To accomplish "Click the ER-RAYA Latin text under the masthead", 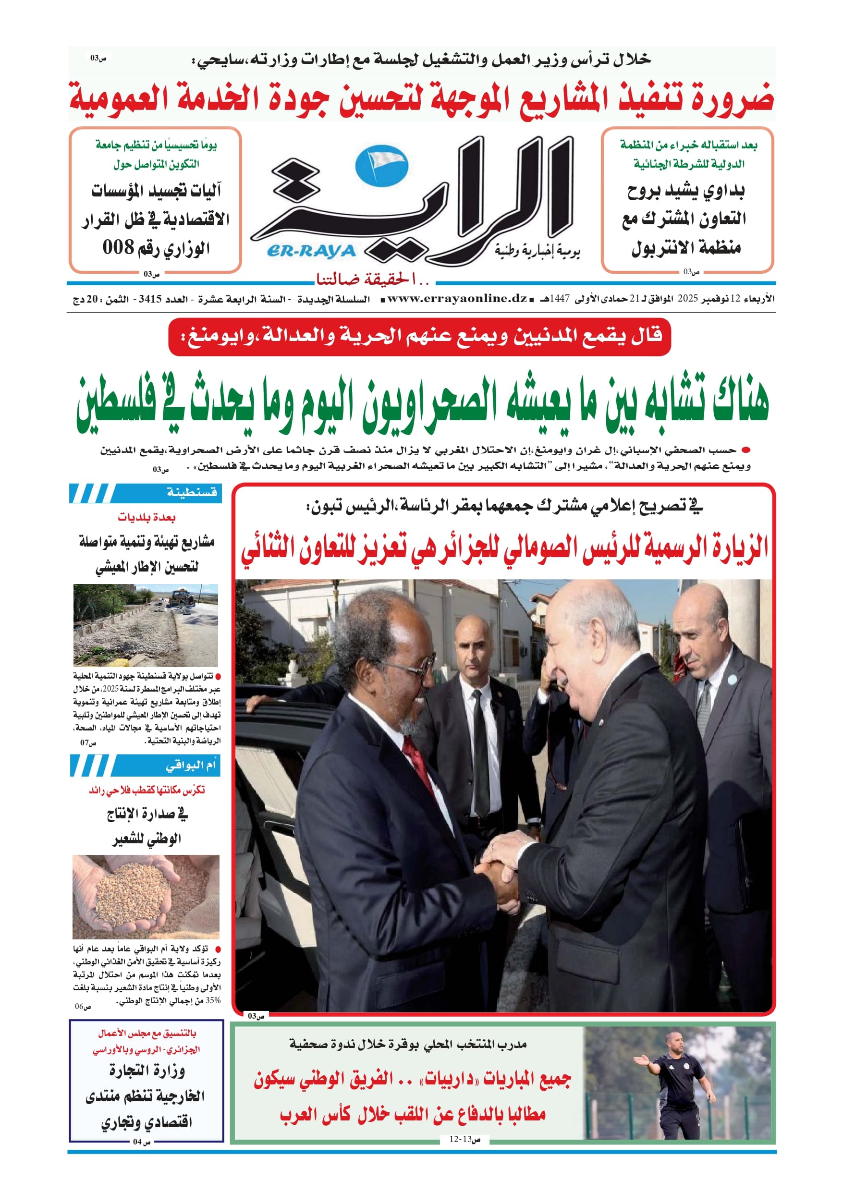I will click(x=311, y=251).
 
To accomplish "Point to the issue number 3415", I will click(x=150, y=299).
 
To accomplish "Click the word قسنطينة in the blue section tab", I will click(x=191, y=492).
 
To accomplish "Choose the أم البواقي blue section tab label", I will click(x=190, y=765).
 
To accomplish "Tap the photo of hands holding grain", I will click(x=146, y=896).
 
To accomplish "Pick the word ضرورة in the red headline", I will click(x=733, y=98).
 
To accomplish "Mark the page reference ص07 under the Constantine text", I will click(x=88, y=742).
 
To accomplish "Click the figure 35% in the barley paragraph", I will click(x=212, y=1000).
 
